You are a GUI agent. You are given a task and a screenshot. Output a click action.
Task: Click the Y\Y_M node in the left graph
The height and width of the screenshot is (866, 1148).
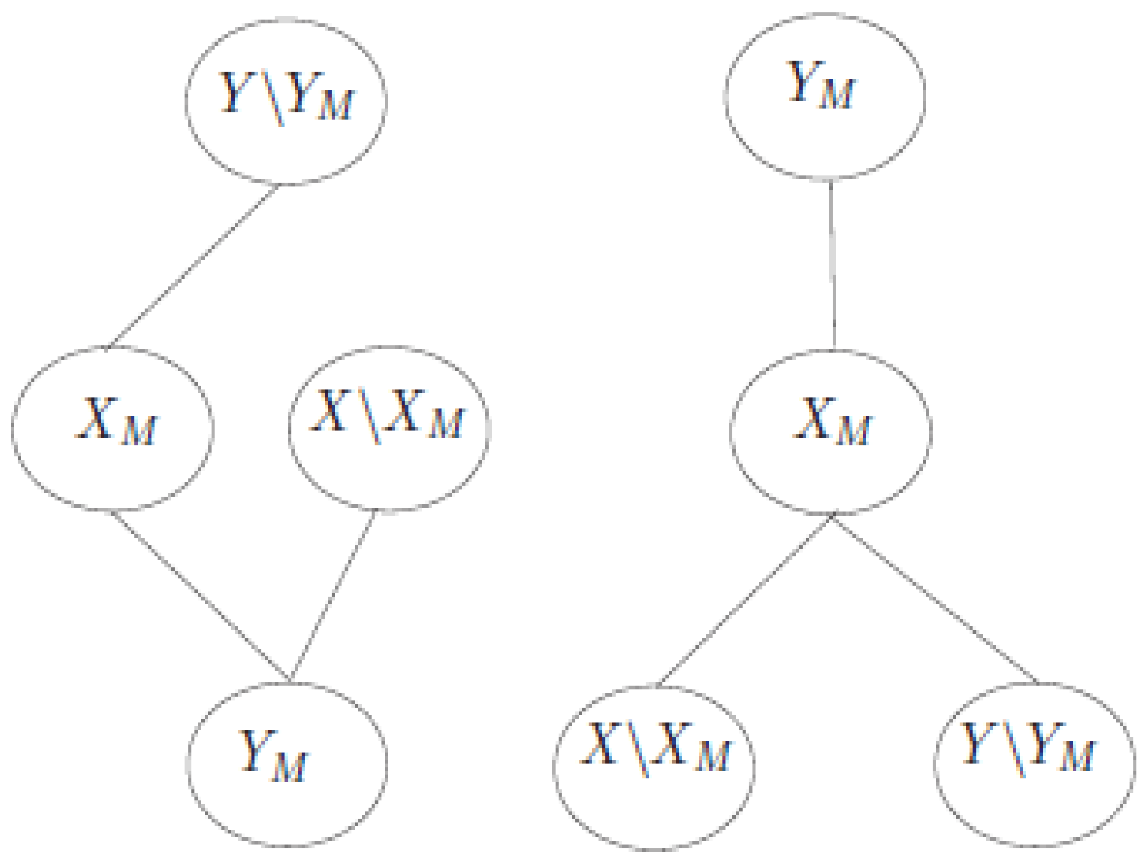pyautogui.click(x=286, y=101)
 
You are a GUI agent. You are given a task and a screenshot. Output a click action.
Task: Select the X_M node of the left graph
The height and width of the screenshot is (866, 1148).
pyautogui.click(x=113, y=428)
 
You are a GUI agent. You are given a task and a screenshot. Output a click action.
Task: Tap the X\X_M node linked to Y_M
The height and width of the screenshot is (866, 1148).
pyautogui.click(x=389, y=427)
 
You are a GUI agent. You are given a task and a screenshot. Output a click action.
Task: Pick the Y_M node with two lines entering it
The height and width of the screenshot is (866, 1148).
pyautogui.click(x=287, y=764)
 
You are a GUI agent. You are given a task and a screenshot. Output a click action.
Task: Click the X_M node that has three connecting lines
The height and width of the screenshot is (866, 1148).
pyautogui.click(x=831, y=432)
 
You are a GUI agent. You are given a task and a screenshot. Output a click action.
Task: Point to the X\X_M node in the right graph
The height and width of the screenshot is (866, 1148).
pyautogui.click(x=654, y=767)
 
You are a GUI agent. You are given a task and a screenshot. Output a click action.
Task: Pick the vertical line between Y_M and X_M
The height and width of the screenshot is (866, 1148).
pyautogui.click(x=832, y=264)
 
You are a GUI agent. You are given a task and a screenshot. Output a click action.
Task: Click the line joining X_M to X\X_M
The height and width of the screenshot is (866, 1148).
pyautogui.click(x=744, y=601)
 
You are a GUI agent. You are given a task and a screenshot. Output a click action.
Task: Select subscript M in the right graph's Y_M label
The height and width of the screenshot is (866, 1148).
pyautogui.click(x=836, y=95)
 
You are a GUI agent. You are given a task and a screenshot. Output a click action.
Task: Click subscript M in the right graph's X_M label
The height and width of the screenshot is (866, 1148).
pyautogui.click(x=852, y=431)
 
